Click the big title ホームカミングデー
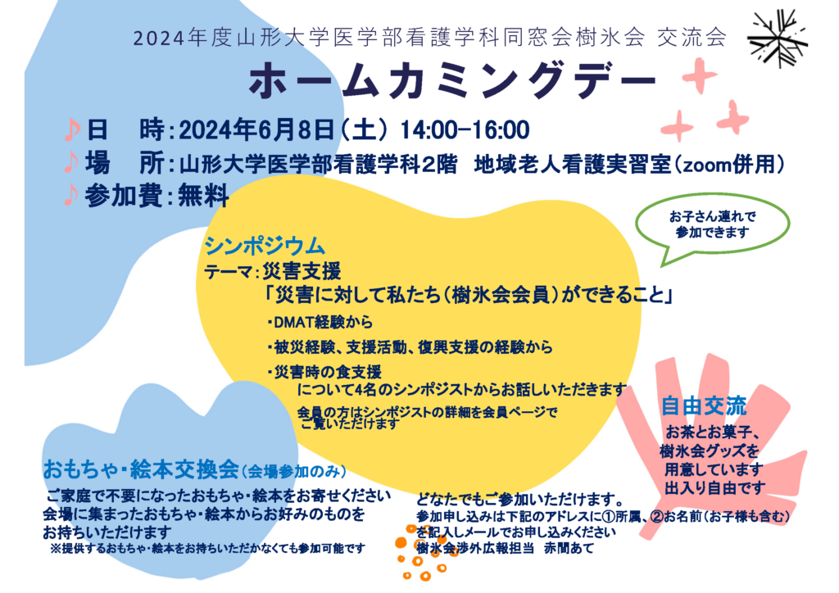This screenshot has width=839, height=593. pos(452,82)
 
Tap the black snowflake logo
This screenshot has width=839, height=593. pos(778,38)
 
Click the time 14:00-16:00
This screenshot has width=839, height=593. pos(465,129)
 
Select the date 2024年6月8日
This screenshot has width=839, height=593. pos(256,129)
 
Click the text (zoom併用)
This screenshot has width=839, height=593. pos(728,164)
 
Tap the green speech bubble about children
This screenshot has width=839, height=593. pos(712,228)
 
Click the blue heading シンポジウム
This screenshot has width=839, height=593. pos(265,246)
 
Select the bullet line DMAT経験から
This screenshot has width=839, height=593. pos(320,323)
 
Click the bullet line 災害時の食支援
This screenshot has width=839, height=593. pos(324,372)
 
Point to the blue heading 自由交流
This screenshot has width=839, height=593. pos(704,406)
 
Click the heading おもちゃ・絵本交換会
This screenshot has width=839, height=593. pos(141,469)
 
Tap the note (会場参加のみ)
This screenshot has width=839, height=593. pos(294,472)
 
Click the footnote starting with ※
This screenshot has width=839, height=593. pos(207,549)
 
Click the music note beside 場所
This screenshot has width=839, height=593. pos(70,162)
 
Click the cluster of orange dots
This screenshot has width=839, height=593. pos(422,554)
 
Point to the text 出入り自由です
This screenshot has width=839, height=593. pos(714,488)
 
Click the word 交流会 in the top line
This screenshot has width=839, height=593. pos(692,38)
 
